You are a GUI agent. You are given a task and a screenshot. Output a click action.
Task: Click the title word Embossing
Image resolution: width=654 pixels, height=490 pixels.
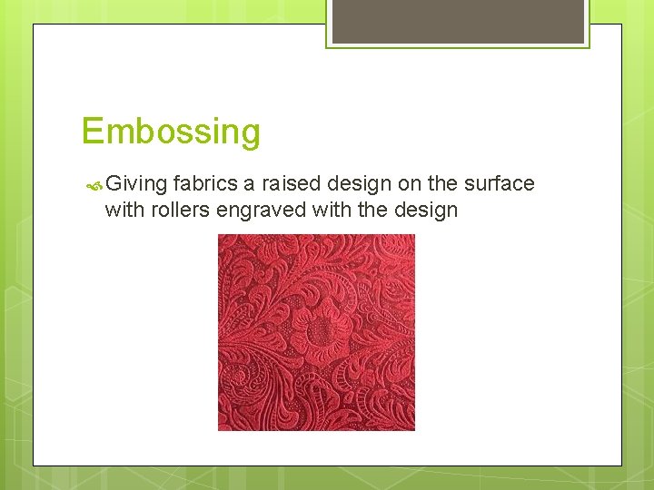point(171,132)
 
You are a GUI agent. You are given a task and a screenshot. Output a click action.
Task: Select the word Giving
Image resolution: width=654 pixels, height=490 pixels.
point(136,184)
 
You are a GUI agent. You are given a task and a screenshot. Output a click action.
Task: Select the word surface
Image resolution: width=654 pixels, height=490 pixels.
point(499,183)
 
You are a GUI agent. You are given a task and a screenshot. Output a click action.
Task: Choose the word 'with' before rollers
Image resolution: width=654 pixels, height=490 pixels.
point(123,210)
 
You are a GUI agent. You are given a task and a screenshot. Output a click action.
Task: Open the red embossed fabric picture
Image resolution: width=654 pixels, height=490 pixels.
point(316,332)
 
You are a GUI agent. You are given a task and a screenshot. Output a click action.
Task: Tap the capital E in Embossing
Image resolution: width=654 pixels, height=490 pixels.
point(92,132)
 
